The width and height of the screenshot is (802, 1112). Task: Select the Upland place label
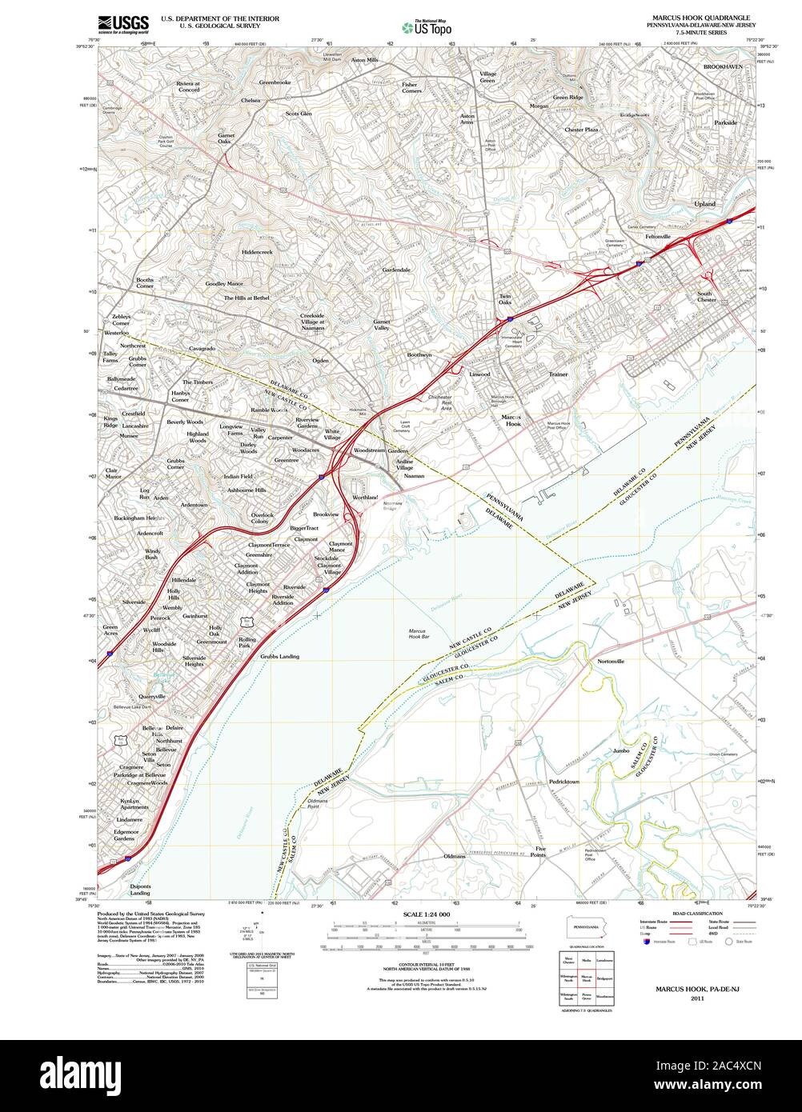[704, 204]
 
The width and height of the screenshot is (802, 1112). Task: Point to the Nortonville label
[610, 662]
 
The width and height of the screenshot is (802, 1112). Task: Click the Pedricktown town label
[563, 782]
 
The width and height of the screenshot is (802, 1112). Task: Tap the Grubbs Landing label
[279, 657]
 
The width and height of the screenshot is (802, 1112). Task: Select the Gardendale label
[395, 270]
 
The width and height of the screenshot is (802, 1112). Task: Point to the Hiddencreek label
[257, 252]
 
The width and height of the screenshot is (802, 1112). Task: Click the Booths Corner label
[145, 283]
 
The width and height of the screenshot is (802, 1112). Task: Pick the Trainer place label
[558, 374]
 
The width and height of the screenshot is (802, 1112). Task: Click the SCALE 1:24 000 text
[427, 914]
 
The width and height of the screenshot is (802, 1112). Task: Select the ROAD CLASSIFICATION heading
[697, 914]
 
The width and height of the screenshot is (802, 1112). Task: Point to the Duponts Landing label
[140, 889]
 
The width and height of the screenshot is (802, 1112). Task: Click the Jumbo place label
[621, 751]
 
